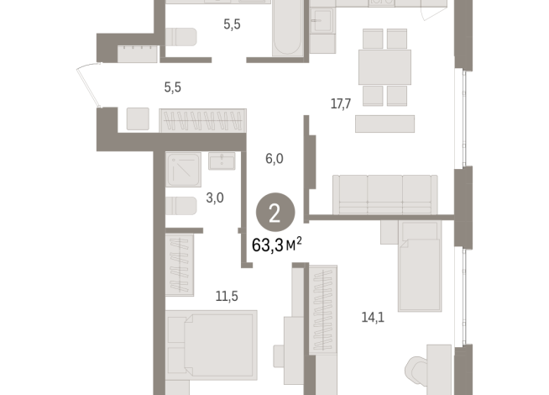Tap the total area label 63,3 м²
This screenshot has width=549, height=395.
coord(276,245)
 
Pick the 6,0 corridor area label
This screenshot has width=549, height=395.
coord(274,158)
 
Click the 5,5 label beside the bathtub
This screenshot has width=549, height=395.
coord(232,25)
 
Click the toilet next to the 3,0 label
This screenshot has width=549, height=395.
coord(181,205)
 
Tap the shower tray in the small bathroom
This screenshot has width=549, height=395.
coord(182,169)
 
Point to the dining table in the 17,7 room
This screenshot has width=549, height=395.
coord(384,66)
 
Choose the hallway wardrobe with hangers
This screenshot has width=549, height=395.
coord(202,119)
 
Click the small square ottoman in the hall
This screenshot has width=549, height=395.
coord(138,118)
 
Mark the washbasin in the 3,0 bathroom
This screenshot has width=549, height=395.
coord(222,161)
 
